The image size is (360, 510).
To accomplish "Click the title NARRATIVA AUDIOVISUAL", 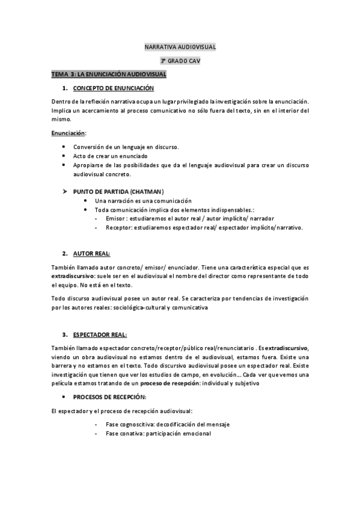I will click(180, 46).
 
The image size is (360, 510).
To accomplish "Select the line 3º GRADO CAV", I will click(180, 61).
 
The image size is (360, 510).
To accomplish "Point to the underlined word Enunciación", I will click(68, 133).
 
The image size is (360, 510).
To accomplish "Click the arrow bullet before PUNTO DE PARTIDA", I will click(64, 191).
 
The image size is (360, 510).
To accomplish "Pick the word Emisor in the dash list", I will click(115, 219).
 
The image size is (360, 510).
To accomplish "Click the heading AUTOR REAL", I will click(91, 254).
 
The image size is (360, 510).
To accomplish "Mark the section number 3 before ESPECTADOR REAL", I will click(64, 334).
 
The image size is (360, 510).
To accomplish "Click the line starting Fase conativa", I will click(158, 434).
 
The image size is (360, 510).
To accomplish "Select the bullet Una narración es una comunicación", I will click(143, 200).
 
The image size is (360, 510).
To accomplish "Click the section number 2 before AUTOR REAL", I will click(64, 254).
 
